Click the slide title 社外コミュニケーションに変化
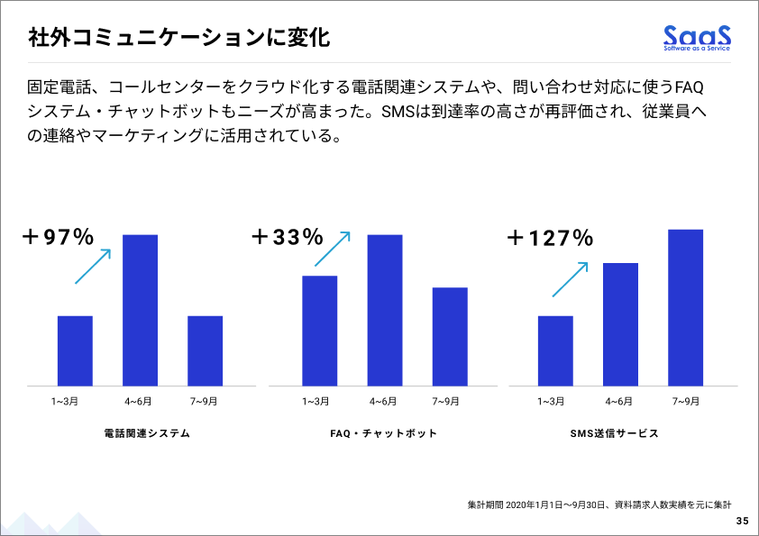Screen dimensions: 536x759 (x=178, y=39)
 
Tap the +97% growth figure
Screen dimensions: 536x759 (x=59, y=238)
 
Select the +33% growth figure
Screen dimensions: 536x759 (x=287, y=238)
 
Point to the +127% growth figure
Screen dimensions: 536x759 (x=550, y=239)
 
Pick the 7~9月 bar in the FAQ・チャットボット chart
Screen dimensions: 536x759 (x=450, y=336)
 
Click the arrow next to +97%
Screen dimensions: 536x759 (x=93, y=267)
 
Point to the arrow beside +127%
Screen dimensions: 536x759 (x=571, y=279)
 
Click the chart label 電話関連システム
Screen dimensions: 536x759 (x=148, y=433)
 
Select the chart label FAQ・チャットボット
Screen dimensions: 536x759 (x=384, y=433)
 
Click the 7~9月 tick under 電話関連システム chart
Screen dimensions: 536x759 (x=205, y=401)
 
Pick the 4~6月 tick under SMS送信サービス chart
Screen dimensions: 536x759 (x=620, y=401)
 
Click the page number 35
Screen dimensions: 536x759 (x=741, y=521)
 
